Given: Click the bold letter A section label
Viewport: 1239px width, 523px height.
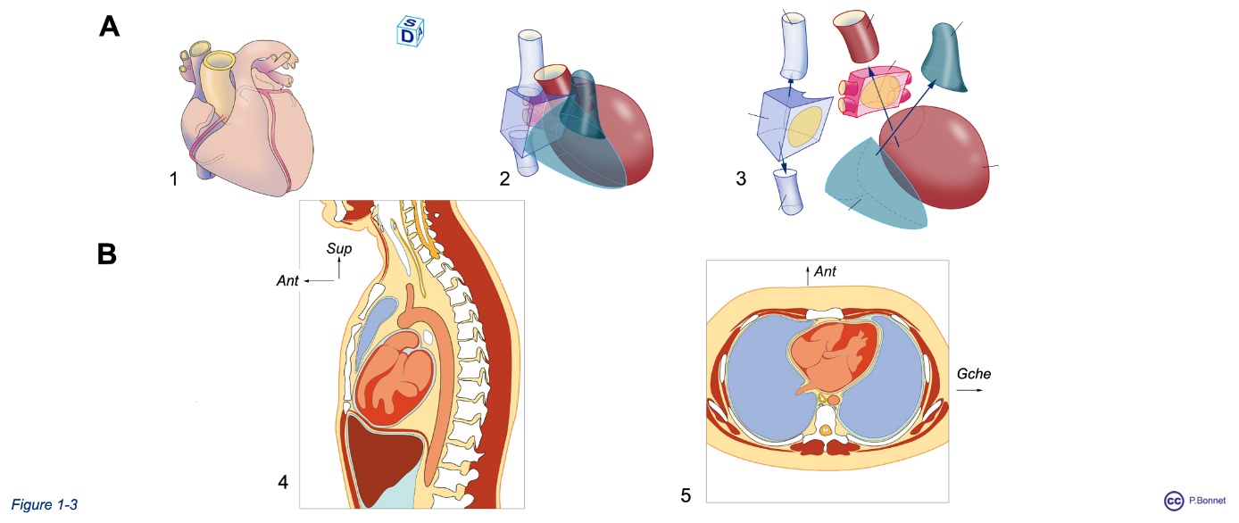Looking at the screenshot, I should click(x=109, y=25).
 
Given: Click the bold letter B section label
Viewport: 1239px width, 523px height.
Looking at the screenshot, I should click(x=107, y=254).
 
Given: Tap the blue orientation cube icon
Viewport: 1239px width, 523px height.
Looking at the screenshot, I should click(x=409, y=30).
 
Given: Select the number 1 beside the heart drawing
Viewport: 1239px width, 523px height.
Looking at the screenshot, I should click(x=175, y=179).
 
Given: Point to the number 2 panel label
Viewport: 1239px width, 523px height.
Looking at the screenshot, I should click(x=505, y=179).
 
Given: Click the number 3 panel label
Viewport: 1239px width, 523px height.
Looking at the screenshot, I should click(x=741, y=179).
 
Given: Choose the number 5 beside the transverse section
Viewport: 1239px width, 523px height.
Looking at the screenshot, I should click(x=686, y=495).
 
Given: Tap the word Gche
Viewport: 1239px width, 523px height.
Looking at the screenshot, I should click(x=973, y=374).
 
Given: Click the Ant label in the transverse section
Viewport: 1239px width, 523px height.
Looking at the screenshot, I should click(x=826, y=270).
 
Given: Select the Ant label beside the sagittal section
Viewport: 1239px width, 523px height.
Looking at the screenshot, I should click(x=287, y=282).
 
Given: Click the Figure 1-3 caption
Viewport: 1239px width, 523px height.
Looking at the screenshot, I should click(x=45, y=505).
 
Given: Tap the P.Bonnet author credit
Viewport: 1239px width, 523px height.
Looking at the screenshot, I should click(x=1208, y=502).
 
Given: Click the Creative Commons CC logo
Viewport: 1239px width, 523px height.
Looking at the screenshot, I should click(x=1174, y=502).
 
